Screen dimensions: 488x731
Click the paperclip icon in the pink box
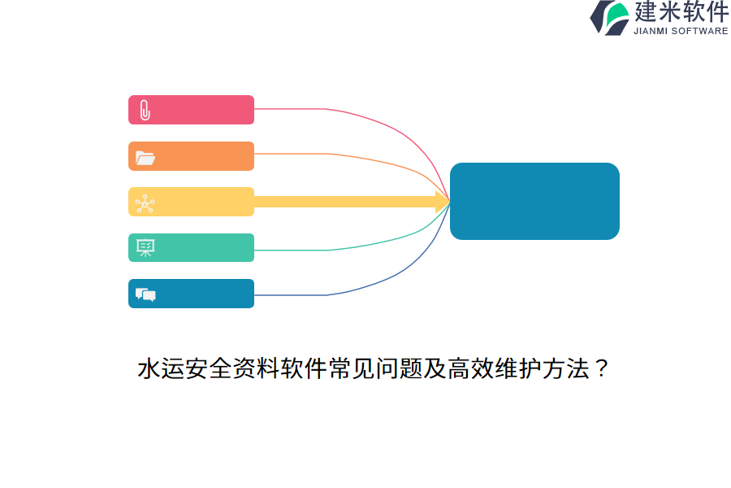pos(145,110)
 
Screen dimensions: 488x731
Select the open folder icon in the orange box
pos(145,157)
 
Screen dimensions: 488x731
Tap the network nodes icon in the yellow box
pos(145,203)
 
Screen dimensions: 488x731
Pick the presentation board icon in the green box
pos(145,248)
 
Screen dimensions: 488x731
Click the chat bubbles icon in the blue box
pos(145,294)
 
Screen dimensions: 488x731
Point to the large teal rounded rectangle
pos(534,201)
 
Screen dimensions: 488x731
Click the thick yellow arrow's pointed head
pos(443,202)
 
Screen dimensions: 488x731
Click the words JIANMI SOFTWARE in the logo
pos(681,31)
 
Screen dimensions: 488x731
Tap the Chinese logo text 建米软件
pos(681,12)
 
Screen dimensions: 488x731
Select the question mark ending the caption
pos(601,369)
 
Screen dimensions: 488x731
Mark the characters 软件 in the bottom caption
pos(304,369)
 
